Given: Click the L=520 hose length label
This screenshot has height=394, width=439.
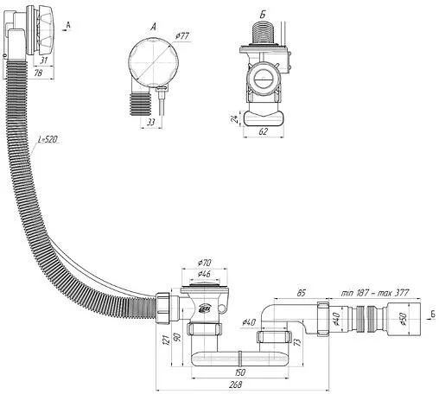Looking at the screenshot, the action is (x=48, y=139).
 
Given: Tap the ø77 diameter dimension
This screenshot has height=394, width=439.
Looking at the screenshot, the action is (x=182, y=36).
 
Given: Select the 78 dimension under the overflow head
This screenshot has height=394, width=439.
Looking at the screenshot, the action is (x=38, y=73).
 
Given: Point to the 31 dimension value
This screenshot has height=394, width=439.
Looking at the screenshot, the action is (x=43, y=60).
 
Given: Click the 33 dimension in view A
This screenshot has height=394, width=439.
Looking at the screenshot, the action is (x=151, y=122).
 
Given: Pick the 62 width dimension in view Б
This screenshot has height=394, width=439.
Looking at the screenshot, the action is (x=263, y=131).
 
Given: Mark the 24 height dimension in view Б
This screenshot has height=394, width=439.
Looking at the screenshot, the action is (x=235, y=118).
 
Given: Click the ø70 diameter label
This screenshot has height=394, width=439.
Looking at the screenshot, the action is (x=204, y=263).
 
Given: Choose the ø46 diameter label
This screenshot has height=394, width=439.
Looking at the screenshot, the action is (x=204, y=274).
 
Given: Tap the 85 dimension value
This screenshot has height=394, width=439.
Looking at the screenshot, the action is (x=301, y=293).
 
